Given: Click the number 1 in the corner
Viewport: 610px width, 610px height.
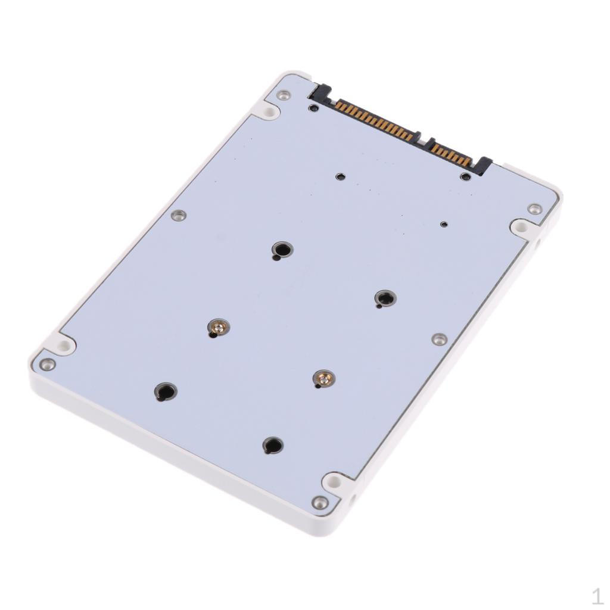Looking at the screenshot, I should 597,596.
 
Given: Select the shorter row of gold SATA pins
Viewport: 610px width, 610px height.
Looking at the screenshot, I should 452,154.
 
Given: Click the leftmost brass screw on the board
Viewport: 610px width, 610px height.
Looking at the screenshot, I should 219,327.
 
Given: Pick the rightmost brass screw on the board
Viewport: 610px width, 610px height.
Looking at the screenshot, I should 323,378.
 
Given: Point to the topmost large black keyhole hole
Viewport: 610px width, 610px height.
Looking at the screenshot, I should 282,249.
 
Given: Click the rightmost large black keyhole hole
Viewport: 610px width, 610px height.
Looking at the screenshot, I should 385,298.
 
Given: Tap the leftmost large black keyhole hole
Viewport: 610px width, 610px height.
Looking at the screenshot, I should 166,391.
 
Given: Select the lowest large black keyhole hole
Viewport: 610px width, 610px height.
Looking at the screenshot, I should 273,445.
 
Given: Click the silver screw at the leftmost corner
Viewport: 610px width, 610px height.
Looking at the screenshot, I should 46,364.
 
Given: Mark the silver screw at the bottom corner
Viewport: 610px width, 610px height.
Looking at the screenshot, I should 320,502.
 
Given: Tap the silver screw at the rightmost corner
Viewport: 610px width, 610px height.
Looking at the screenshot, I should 534,208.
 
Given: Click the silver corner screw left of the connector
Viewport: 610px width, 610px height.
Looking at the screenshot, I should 284,95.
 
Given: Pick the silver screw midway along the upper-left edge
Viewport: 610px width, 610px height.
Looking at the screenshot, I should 178,215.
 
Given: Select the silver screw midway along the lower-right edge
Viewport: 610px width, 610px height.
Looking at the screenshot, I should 439,339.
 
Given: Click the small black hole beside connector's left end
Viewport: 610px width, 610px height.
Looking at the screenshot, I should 313,108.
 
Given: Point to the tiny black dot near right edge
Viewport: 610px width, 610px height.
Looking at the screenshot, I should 443,225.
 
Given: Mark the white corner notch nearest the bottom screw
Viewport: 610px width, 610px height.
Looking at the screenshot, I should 334,480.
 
